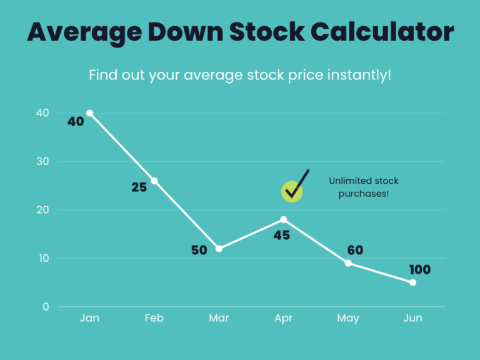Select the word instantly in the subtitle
point(359,75)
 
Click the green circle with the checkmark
point(292,191)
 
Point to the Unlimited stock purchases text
point(364,187)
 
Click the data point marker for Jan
point(89,113)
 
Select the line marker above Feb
point(154,181)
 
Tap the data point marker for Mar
point(219,249)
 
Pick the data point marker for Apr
point(284,219)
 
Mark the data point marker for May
point(348,263)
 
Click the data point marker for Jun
point(413,282)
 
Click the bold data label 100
point(420,270)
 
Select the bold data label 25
point(139,187)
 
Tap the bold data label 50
point(199,251)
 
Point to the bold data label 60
point(355,251)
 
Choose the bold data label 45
point(281,236)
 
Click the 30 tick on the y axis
point(42,161)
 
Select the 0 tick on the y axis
point(46,307)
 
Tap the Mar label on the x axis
point(219,318)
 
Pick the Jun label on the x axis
point(413,318)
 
